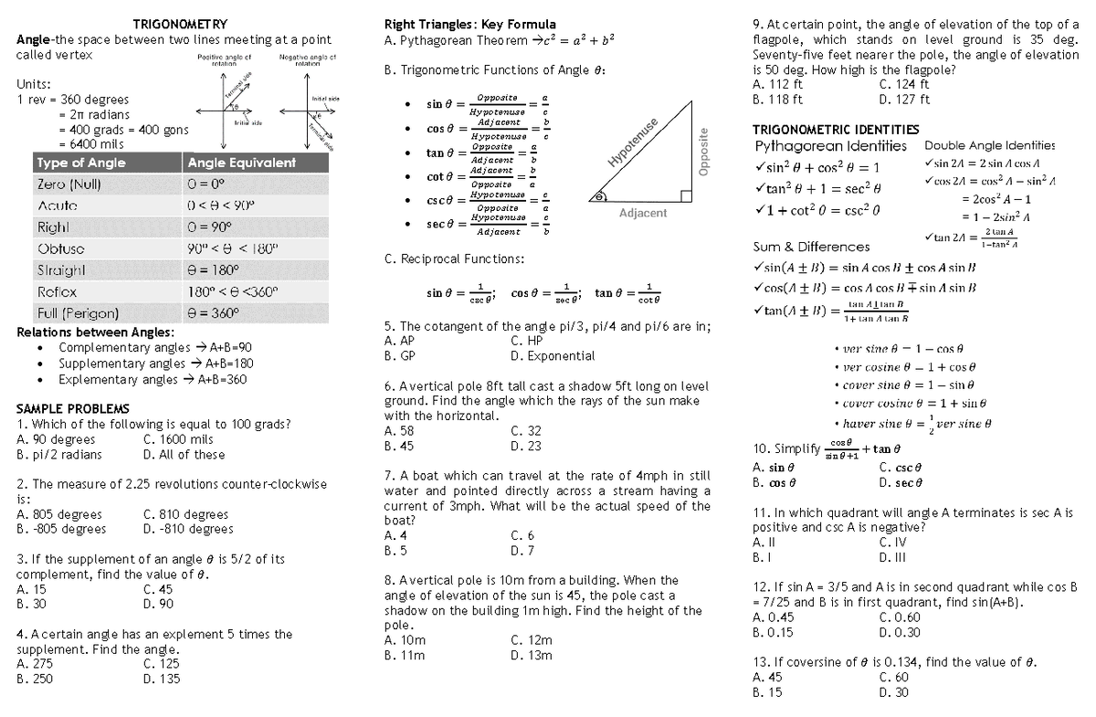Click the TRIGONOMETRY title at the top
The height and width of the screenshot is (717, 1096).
coord(180,24)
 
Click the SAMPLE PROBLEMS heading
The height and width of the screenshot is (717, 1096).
coord(73,408)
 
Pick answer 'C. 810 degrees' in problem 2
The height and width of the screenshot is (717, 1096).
coord(186,514)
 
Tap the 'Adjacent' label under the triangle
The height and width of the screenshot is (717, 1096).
coord(643,213)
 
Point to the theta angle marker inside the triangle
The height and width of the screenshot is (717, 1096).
coord(598,195)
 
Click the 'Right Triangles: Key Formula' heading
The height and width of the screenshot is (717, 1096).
coord(469,24)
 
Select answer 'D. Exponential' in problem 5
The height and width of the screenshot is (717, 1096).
coord(553,356)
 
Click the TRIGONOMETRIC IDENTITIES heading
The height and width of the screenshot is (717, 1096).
coord(822,130)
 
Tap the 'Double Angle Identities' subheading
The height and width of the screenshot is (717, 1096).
coord(989,145)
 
